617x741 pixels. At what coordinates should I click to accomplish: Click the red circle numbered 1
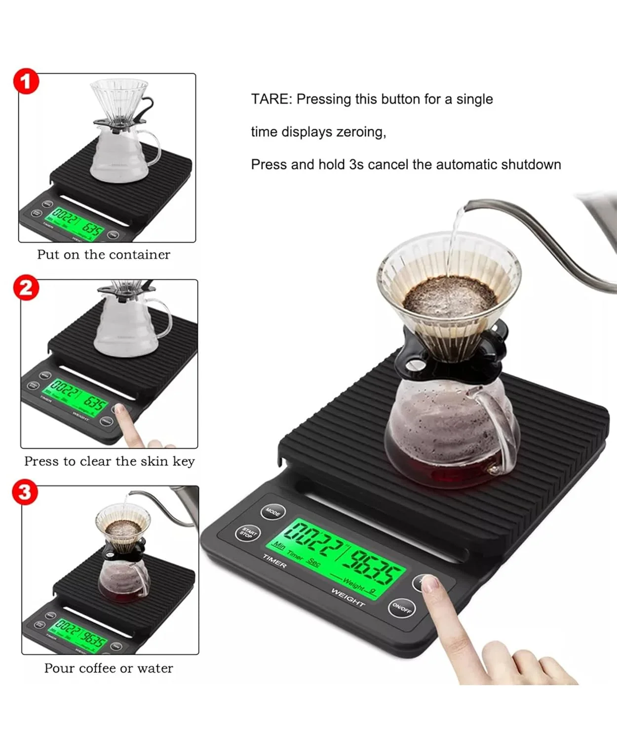pyautogui.click(x=26, y=82)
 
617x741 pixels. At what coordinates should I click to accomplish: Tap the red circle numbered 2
pyautogui.click(x=26, y=288)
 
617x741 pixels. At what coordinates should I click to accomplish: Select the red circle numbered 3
pyautogui.click(x=25, y=493)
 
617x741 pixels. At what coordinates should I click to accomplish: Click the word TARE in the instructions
pyautogui.click(x=271, y=99)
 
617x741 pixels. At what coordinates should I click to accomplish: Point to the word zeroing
pyautogui.click(x=361, y=132)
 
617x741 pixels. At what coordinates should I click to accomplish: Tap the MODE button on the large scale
pyautogui.click(x=273, y=512)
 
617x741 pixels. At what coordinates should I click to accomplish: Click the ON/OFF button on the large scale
pyautogui.click(x=402, y=608)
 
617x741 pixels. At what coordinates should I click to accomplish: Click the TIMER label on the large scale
pyautogui.click(x=274, y=561)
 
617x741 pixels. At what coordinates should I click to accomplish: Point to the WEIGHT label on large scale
pyautogui.click(x=348, y=597)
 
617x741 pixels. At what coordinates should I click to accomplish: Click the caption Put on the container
pyautogui.click(x=104, y=255)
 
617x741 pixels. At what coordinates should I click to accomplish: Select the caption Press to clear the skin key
pyautogui.click(x=110, y=461)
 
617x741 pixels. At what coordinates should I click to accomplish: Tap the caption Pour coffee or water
pyautogui.click(x=109, y=668)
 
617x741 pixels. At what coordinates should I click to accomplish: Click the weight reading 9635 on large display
pyautogui.click(x=372, y=567)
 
